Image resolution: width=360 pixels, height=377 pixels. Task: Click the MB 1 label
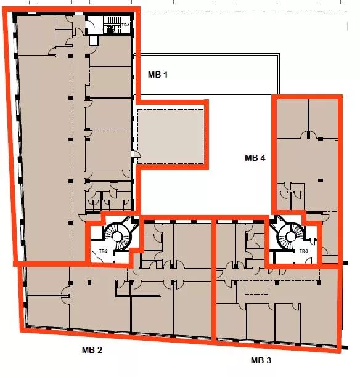(158, 75)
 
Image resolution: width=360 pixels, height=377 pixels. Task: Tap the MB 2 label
(92, 350)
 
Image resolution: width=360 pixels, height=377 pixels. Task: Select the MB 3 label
(261, 360)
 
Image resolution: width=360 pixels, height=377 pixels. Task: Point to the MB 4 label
(255, 158)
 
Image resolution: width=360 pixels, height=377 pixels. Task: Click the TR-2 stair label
(103, 251)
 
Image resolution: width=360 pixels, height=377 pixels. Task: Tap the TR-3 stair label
(304, 251)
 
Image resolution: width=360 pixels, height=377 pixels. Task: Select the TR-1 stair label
(125, 25)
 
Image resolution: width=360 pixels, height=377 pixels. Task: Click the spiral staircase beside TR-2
(118, 237)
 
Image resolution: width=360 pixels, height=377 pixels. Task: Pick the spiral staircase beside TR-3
(290, 237)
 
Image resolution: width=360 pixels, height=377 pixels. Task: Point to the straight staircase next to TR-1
(112, 25)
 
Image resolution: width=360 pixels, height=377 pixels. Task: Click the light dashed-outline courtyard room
(170, 137)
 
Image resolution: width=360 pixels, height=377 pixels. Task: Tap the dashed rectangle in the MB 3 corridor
(256, 288)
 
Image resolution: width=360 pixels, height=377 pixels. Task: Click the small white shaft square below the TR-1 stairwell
(93, 41)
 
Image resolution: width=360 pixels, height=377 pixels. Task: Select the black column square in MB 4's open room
(320, 180)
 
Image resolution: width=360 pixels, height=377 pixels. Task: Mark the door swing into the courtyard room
(137, 154)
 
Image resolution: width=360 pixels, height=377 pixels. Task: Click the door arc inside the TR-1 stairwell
(89, 24)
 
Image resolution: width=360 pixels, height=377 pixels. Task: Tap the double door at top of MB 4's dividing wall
(308, 135)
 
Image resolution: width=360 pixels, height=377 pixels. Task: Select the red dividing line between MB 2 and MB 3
(213, 279)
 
